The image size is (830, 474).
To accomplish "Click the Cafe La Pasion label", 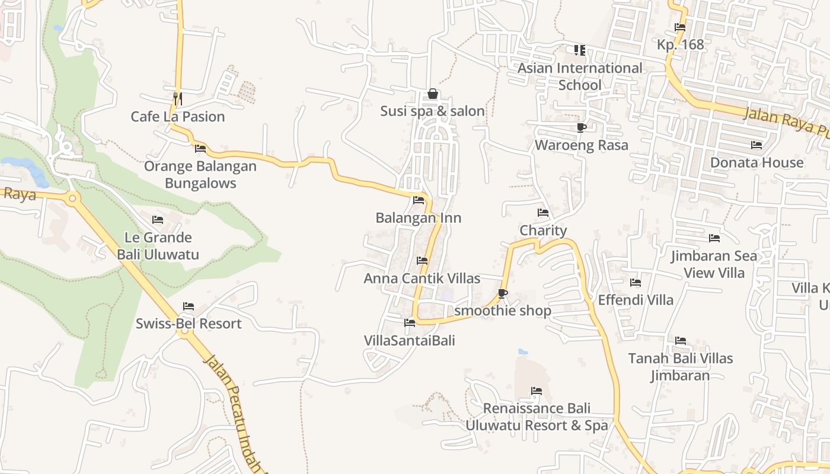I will tap(178, 117).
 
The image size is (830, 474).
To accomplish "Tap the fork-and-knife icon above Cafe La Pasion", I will tap(177, 98).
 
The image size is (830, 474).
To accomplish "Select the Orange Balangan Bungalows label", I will tap(200, 175).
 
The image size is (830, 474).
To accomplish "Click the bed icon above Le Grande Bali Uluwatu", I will tap(158, 220).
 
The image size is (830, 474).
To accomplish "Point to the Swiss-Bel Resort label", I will tap(189, 324).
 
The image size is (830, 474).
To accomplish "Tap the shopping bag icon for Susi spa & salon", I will tap(433, 94).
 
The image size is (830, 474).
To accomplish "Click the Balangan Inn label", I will tap(419, 218).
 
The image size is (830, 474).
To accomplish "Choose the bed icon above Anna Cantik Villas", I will tap(422, 261).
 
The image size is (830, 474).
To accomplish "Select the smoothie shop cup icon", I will tap(503, 293).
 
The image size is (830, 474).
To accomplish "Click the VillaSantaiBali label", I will tap(410, 341).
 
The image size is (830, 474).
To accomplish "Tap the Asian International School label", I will tap(580, 76).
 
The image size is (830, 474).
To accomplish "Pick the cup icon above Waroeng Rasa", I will tap(581, 127).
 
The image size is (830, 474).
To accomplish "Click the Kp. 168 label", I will tap(681, 44).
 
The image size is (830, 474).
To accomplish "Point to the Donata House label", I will tap(757, 162).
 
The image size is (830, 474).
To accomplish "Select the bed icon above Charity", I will tap(543, 213).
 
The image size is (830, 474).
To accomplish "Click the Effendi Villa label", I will tap(636, 300).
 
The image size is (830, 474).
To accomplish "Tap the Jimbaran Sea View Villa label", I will tap(714, 264).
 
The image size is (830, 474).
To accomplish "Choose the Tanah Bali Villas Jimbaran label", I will tap(681, 367).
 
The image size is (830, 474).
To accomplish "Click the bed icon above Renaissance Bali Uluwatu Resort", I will tap(537, 391).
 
